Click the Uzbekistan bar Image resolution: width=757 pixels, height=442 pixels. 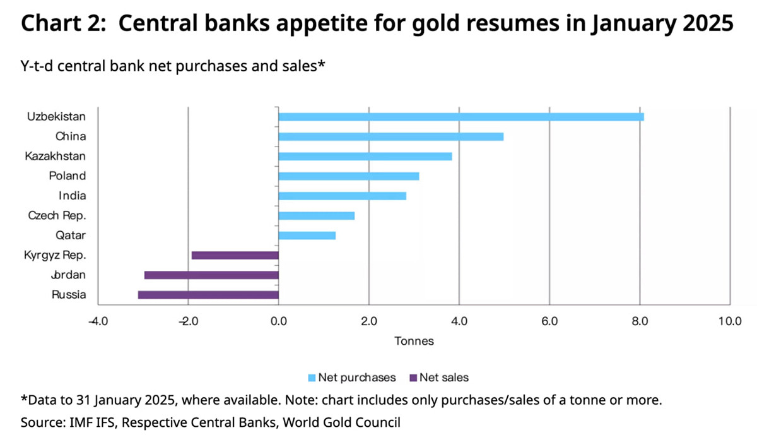tap(461, 117)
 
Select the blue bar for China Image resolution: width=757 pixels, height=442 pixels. tap(391, 136)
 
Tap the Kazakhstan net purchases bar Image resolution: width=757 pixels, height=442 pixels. tap(365, 157)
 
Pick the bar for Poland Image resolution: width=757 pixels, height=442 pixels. tap(349, 176)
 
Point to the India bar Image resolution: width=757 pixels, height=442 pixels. tap(343, 196)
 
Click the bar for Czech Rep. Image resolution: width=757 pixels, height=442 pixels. tap(317, 216)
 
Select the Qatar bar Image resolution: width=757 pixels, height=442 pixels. tap(307, 236)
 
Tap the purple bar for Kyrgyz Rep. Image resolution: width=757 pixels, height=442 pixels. tap(235, 255)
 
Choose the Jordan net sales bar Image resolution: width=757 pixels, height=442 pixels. tap(211, 275)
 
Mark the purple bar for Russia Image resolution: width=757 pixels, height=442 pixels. tap(208, 295)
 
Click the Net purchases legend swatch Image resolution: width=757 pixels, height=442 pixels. tap(312, 378)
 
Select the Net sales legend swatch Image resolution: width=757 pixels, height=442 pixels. tap(413, 378)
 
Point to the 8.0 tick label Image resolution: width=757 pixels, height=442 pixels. tap(640, 321)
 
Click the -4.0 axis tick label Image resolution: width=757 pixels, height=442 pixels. tap(98, 321)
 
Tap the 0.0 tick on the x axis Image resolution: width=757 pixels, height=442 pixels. tap(279, 321)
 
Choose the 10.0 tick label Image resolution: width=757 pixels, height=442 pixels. tap(730, 321)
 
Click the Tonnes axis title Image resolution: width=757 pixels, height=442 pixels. tap(414, 341)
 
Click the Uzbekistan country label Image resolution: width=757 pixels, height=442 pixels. tap(56, 117)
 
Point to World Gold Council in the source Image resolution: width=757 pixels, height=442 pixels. tap(341, 422)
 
